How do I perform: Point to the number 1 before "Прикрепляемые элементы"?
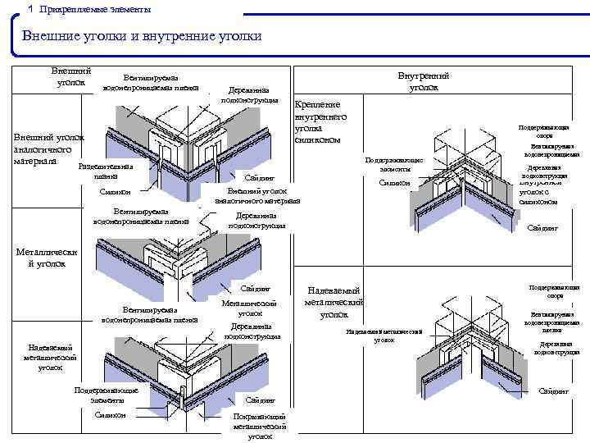point(30,9)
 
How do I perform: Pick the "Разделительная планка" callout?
point(106,171)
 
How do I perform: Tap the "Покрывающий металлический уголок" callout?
point(260,426)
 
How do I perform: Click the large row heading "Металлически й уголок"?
point(47,258)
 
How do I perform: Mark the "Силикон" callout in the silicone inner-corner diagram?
point(395,183)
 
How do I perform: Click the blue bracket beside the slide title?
point(18,37)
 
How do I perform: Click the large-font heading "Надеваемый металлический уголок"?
point(333,302)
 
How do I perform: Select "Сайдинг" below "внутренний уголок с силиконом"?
point(542,228)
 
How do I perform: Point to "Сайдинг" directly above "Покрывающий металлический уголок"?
point(260,400)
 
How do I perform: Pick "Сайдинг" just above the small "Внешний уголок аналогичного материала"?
point(260,177)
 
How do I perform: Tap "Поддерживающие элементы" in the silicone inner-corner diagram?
point(395,164)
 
